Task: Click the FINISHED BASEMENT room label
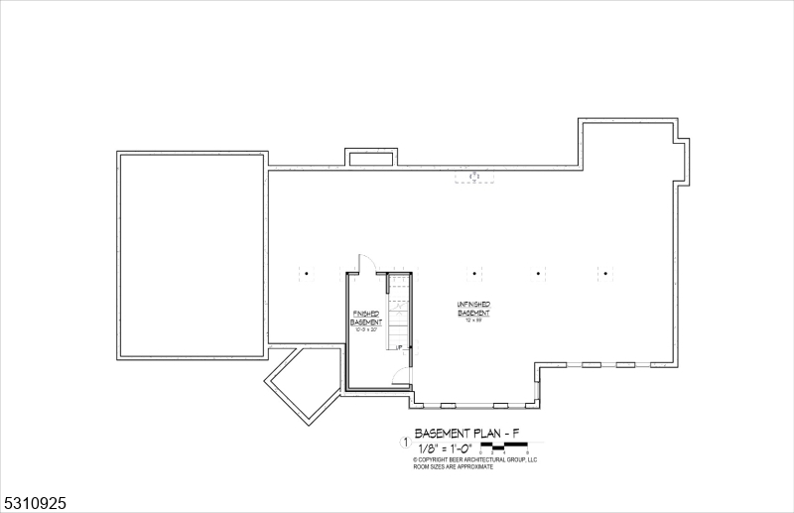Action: tap(366, 319)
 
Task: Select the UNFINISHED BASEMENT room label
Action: tap(474, 309)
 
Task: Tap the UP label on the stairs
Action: tap(398, 348)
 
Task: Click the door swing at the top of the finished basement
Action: tap(364, 264)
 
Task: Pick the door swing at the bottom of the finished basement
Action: tap(401, 375)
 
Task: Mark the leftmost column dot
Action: tap(307, 273)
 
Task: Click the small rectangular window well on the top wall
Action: tap(371, 158)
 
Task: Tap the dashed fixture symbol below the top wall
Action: tap(475, 178)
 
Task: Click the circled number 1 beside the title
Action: tap(404, 443)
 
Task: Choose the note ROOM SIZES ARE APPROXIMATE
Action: tap(453, 466)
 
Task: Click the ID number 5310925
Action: tap(34, 504)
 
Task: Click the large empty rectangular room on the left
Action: tap(193, 255)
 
